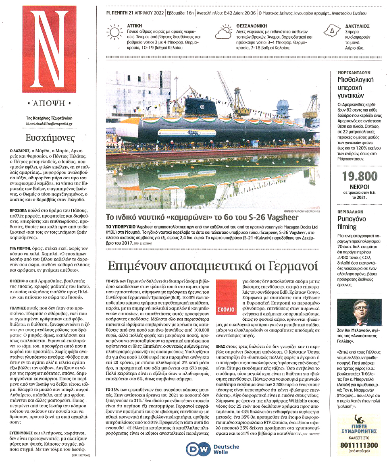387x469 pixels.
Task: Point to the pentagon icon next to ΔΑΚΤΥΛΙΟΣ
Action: (x=333, y=31)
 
